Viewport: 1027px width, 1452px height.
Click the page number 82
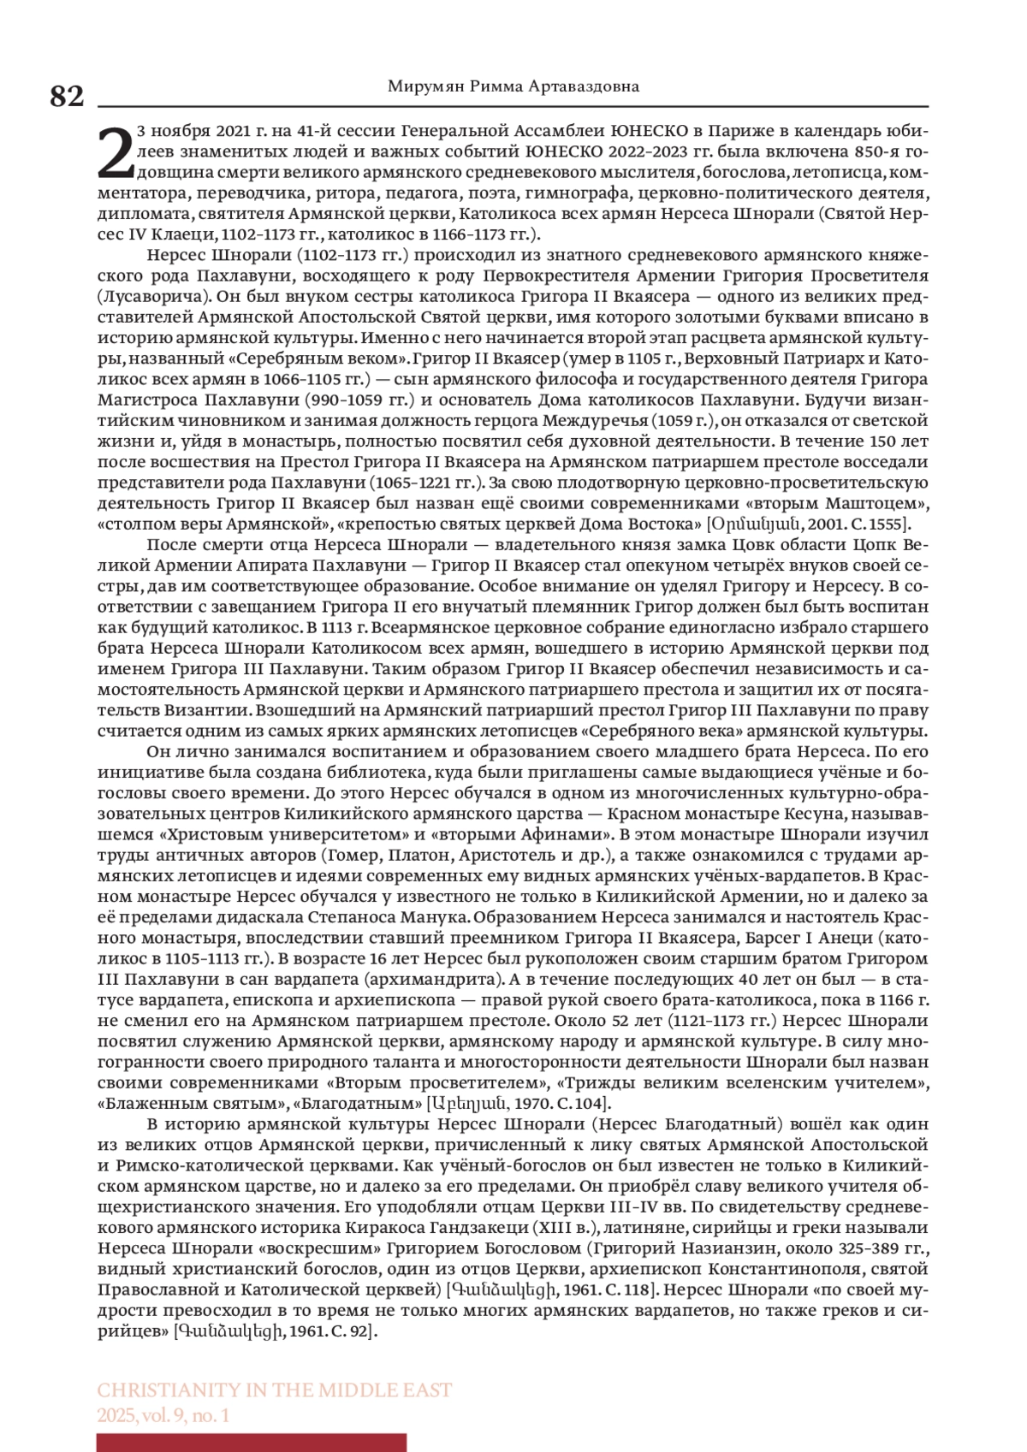[67, 96]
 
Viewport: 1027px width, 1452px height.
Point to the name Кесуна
[825, 814]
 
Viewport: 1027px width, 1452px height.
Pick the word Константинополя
[784, 1268]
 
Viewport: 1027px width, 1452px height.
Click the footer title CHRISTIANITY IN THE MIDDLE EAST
[274, 1390]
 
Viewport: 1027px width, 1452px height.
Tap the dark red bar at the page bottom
[252, 1443]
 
